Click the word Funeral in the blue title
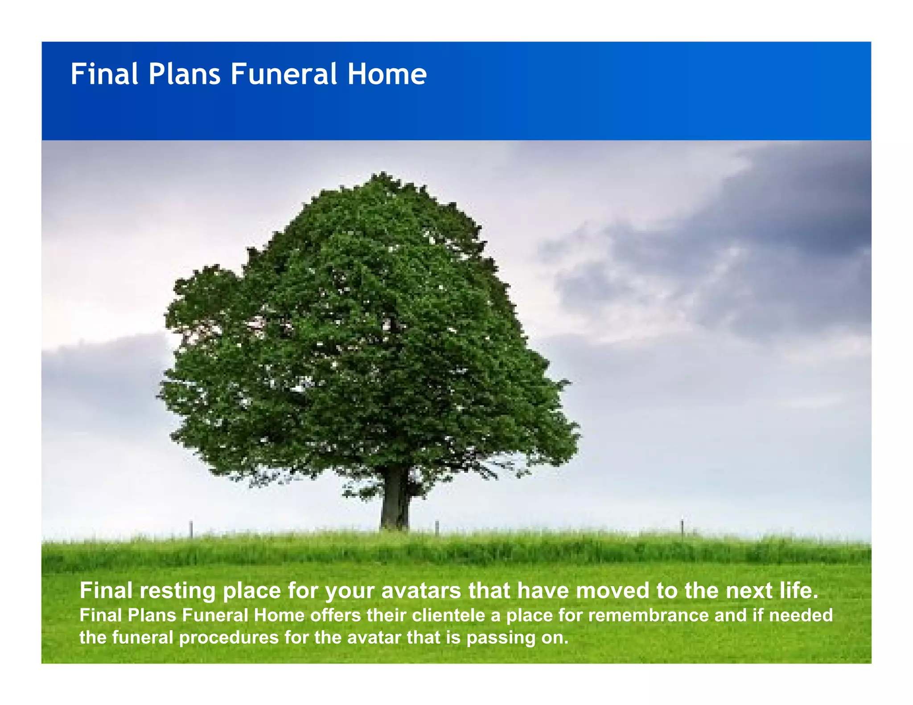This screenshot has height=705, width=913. (x=284, y=74)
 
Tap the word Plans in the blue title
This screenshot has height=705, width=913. (x=184, y=74)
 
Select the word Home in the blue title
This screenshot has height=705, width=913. (x=387, y=74)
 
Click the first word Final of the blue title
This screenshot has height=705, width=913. (x=104, y=74)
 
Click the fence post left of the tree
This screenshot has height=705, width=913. (x=191, y=529)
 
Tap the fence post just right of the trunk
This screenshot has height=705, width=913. (x=437, y=528)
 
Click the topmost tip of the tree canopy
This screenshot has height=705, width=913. (x=382, y=173)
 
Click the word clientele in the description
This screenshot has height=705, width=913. (x=448, y=615)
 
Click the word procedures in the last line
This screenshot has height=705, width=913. (x=229, y=638)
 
